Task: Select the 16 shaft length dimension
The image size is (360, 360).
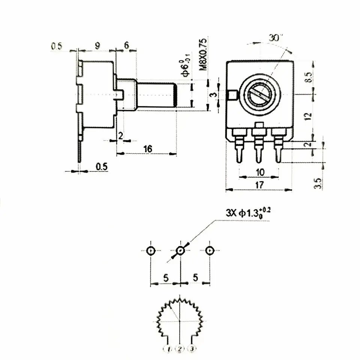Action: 147,149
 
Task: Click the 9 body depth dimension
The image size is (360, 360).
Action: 97,46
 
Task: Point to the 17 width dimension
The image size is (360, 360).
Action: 259,184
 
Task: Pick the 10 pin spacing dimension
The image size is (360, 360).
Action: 259,172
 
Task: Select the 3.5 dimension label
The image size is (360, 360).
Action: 318,183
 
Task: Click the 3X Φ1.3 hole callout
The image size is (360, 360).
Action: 248,213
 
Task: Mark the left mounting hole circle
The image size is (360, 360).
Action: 151,250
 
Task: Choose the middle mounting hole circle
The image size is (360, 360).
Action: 180,250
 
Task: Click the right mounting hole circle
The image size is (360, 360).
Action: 210,250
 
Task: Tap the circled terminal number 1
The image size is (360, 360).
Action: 169,349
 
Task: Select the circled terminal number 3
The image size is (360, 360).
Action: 192,349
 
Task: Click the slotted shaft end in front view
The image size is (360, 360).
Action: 259,94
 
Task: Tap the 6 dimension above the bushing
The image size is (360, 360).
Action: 126,46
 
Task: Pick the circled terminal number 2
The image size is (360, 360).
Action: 180,349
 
